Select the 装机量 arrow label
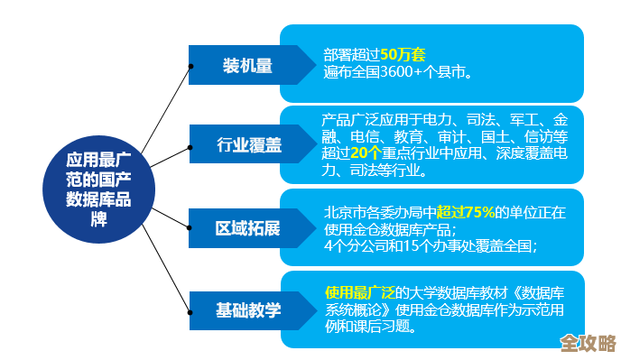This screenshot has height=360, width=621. click(247, 66)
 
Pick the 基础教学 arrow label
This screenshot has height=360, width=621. click(247, 309)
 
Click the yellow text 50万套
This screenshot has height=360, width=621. click(396, 53)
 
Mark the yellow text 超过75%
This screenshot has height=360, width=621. click(465, 212)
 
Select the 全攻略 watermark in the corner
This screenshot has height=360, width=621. click(585, 344)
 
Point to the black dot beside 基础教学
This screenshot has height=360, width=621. click(190, 309)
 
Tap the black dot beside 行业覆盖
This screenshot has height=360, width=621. click(190, 147)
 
